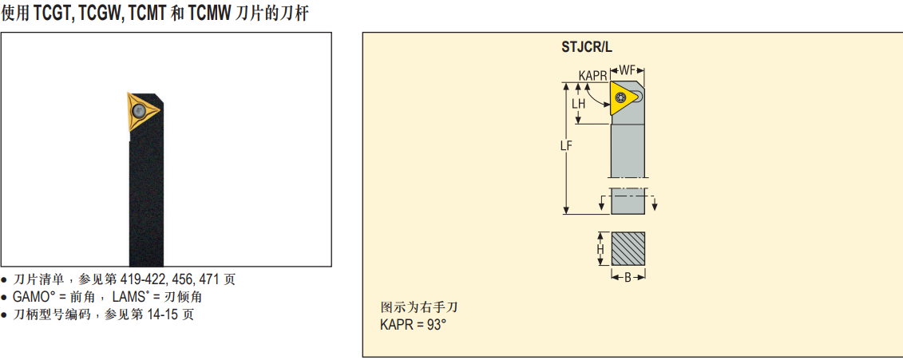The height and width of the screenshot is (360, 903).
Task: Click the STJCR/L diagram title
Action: click(x=586, y=47)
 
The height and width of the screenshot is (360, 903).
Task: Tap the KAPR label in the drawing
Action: click(x=592, y=75)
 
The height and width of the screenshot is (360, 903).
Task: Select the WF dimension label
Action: click(x=628, y=70)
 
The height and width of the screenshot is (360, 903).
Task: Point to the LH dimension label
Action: click(x=579, y=104)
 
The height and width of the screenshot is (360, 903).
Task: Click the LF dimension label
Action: click(x=566, y=145)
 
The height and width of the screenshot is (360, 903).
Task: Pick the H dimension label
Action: click(x=600, y=250)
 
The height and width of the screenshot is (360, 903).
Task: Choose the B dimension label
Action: click(x=628, y=277)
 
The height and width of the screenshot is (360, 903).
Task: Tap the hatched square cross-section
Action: click(x=628, y=249)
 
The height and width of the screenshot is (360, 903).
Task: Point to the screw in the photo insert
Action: click(x=139, y=112)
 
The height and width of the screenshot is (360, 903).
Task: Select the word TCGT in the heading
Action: click(x=53, y=14)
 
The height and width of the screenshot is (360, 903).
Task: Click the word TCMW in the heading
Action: click(x=210, y=14)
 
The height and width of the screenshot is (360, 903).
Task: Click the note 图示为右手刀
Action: click(x=419, y=307)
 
